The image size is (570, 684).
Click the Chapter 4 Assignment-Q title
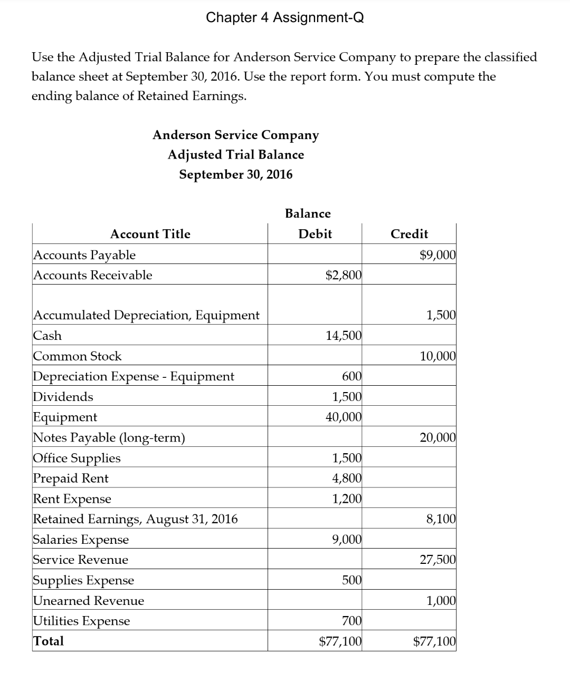coord(284,17)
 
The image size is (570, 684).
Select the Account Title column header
coord(150,234)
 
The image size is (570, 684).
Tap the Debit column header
coord(315,234)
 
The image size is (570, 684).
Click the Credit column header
coord(409,234)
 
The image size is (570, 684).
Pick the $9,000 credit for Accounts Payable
coord(438,255)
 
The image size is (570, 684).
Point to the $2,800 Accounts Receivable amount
coord(344,275)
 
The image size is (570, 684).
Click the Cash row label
coord(47,336)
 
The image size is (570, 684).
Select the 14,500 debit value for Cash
coord(344,336)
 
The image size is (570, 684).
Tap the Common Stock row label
coord(77,356)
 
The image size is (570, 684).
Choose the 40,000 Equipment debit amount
coord(344,417)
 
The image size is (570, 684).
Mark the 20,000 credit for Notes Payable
coord(438,437)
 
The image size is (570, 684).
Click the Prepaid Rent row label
coord(71,478)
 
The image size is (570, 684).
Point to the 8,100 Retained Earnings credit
coord(441,519)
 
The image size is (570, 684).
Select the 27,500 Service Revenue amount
coord(438,560)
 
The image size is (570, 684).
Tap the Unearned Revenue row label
coord(88,601)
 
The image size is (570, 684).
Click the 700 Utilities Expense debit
coord(351,621)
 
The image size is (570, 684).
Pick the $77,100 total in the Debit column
coord(340,641)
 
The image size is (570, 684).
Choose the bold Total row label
coord(49,641)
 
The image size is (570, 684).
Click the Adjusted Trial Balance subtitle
coord(236,155)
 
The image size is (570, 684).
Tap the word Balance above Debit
coord(308,213)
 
